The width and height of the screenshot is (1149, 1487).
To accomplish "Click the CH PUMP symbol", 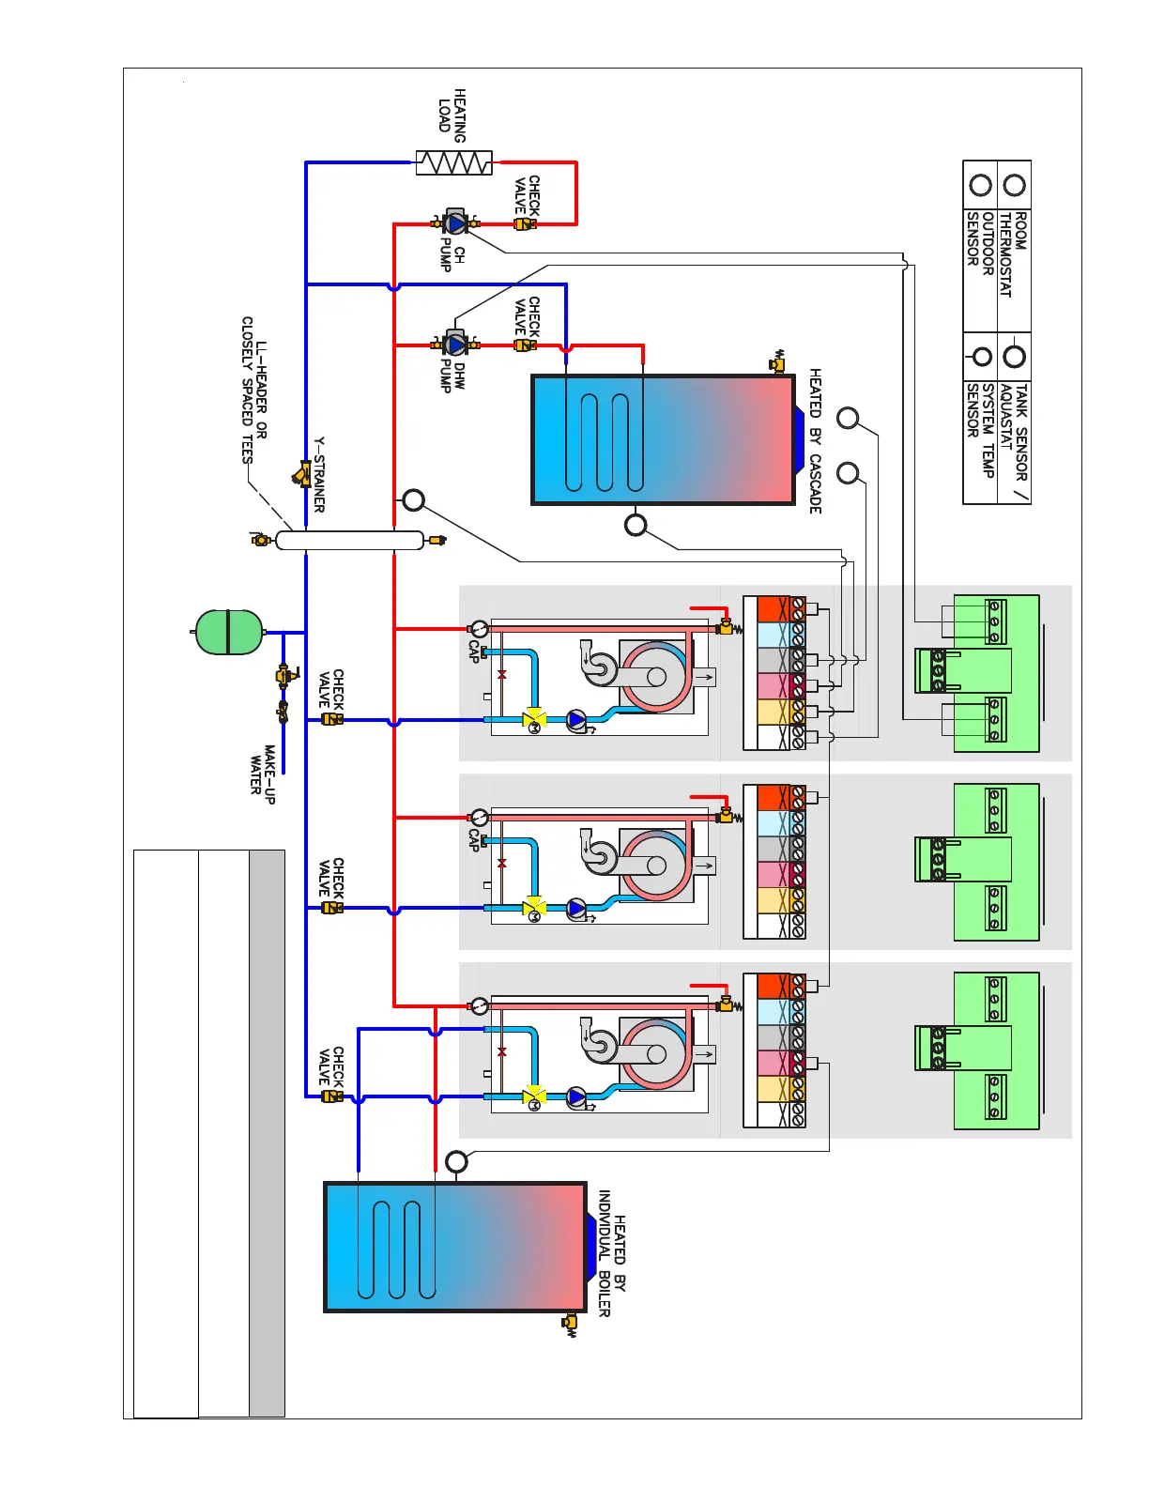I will tap(456, 223).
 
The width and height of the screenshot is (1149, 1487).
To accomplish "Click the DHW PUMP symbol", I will tap(456, 345).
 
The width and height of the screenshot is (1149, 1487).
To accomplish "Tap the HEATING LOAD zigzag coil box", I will tap(454, 162).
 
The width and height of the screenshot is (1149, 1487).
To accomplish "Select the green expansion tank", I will tap(227, 632).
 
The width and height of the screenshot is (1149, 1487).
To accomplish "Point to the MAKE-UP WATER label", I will tap(262, 771).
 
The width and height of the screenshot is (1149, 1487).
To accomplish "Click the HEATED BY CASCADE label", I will tap(815, 440).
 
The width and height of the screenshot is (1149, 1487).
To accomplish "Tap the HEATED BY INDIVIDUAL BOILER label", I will tap(612, 1253).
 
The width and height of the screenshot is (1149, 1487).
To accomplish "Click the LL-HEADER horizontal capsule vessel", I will tap(350, 540).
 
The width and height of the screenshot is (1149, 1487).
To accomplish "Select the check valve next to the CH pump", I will tap(525, 224).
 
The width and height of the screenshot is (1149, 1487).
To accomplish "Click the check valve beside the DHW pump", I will tap(525, 345).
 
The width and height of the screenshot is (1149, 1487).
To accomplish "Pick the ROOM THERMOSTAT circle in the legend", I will tap(1014, 185).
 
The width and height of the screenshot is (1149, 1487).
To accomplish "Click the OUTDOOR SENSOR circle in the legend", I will tap(981, 185).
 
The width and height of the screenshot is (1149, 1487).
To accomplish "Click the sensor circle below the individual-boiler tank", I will tap(456, 1161).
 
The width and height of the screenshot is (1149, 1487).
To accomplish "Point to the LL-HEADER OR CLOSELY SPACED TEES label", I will tap(254, 390).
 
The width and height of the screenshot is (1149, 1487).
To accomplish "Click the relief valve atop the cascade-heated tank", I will tap(778, 361).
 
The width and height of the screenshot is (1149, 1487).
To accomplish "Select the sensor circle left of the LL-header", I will tap(413, 500).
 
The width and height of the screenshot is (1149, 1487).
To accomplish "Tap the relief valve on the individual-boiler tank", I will tap(569, 1324).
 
